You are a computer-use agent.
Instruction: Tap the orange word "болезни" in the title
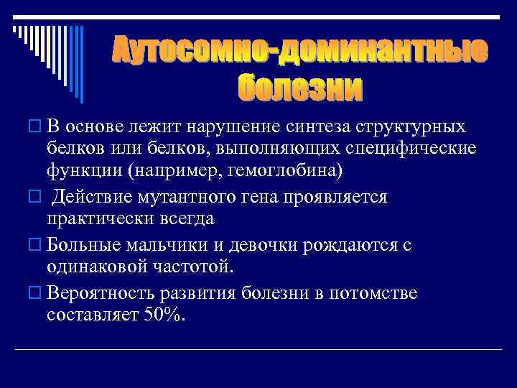tap(300, 88)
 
